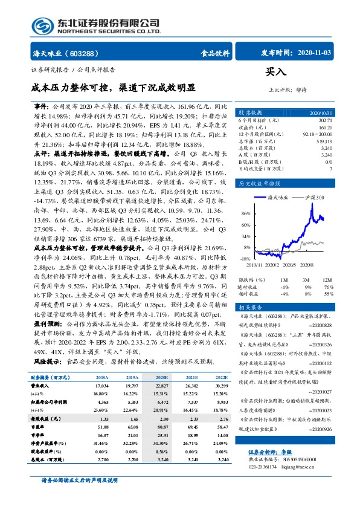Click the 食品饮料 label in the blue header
[215, 53]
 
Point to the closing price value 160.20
[325, 128]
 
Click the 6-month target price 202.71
[325, 121]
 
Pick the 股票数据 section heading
[250, 112]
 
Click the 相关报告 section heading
[249, 306]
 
